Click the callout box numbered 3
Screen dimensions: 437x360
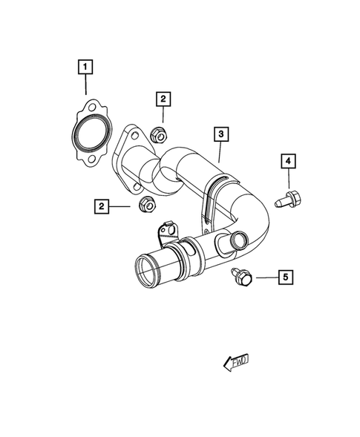[220, 135]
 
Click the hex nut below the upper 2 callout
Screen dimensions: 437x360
[157, 136]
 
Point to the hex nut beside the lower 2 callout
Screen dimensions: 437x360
[146, 203]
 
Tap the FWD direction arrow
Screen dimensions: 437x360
[236, 362]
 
